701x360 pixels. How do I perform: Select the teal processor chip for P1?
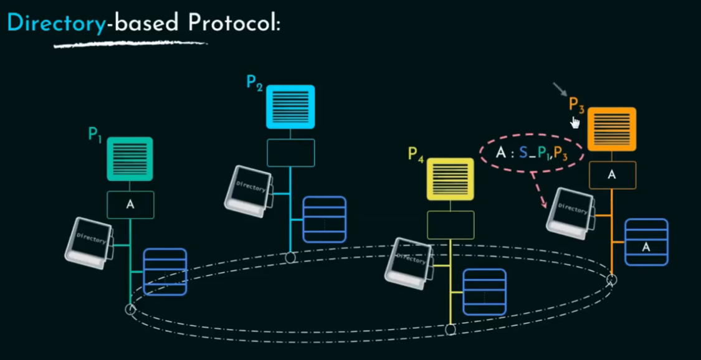point(130,159)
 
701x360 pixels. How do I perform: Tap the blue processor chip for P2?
point(290,107)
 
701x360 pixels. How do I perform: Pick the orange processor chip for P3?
point(611,129)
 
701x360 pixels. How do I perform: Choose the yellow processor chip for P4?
point(451,179)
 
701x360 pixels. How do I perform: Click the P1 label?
point(95,134)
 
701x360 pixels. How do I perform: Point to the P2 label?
point(254,82)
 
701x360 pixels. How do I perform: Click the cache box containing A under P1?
point(130,204)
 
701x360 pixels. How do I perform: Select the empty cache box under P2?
point(291,153)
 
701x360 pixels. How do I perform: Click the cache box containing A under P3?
point(612,175)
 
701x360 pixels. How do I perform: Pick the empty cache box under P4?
point(451,225)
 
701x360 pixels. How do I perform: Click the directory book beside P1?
point(90,242)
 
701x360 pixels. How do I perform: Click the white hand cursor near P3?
point(575,122)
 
